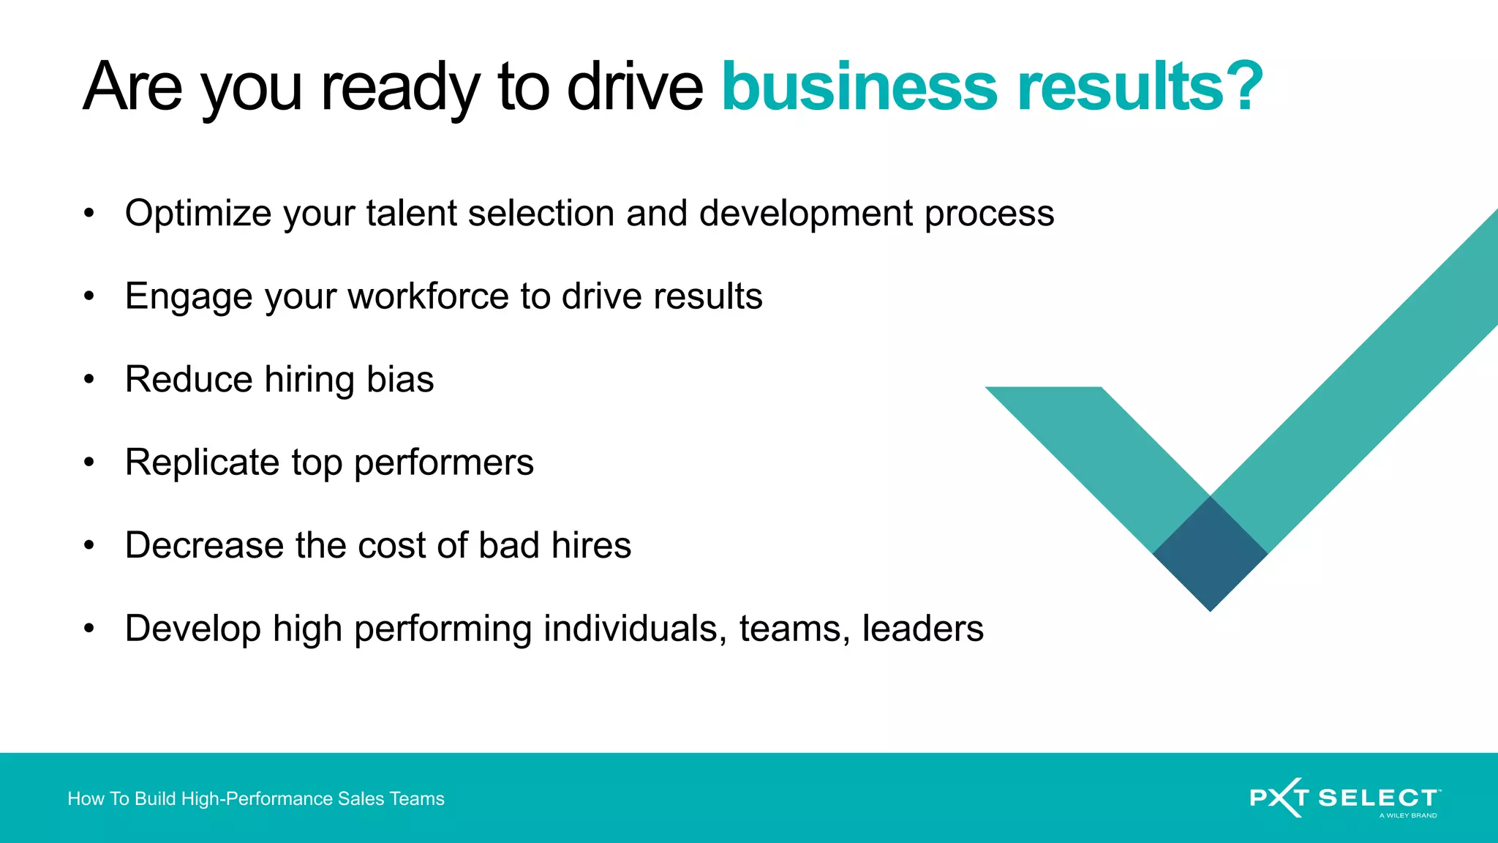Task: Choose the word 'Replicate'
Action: click(x=202, y=462)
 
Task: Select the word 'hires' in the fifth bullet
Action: click(x=591, y=545)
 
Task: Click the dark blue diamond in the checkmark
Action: click(x=1210, y=554)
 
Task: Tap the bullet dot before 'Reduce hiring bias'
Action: click(x=89, y=379)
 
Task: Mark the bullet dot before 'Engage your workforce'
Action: click(x=89, y=296)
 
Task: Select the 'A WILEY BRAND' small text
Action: click(x=1407, y=815)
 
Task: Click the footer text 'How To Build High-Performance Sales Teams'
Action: click(x=256, y=798)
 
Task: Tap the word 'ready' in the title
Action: click(x=399, y=88)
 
